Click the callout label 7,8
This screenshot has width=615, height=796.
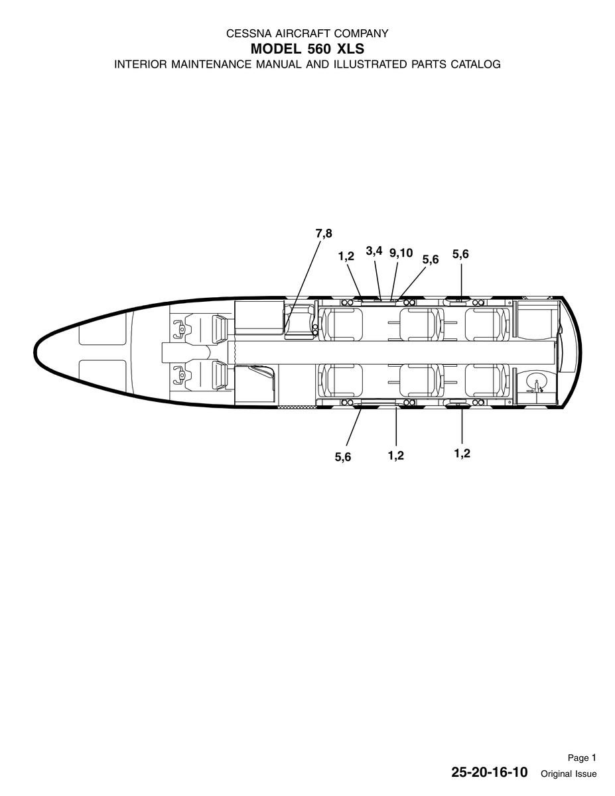324,233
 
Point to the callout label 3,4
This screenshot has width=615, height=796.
374,251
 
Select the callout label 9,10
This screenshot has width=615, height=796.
401,253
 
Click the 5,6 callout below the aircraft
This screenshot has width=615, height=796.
343,457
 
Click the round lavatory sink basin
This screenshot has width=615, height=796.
536,382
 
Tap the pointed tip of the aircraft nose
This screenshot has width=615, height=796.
34,352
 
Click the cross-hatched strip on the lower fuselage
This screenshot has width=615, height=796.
297,407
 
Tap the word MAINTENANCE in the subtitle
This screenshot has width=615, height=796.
212,64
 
